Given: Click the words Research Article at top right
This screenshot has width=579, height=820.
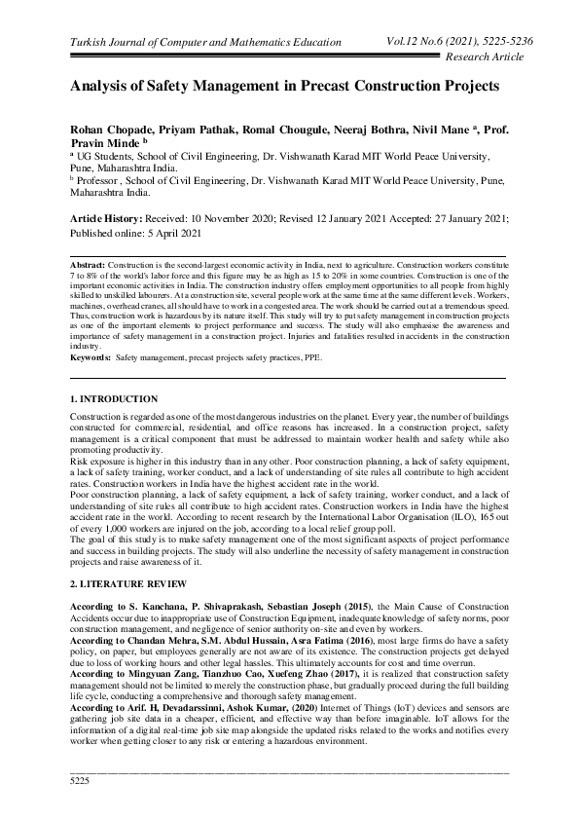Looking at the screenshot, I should (483, 57).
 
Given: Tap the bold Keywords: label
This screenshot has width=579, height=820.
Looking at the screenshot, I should (90, 358).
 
